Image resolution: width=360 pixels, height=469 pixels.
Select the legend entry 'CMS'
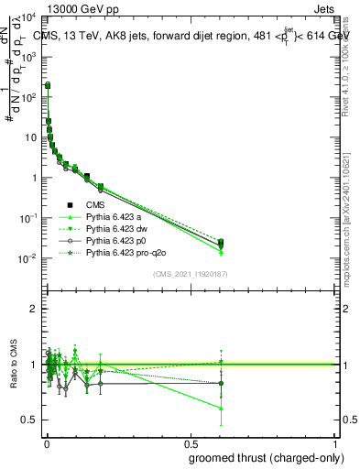click(x=96, y=205)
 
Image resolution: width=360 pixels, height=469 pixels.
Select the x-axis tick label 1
click(x=333, y=443)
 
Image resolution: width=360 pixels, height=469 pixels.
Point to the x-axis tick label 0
click(x=46, y=443)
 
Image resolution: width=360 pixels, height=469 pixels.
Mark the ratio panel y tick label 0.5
click(x=29, y=420)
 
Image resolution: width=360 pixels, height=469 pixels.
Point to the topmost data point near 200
click(x=48, y=85)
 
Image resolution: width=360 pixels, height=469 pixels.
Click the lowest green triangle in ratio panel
click(x=220, y=409)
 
